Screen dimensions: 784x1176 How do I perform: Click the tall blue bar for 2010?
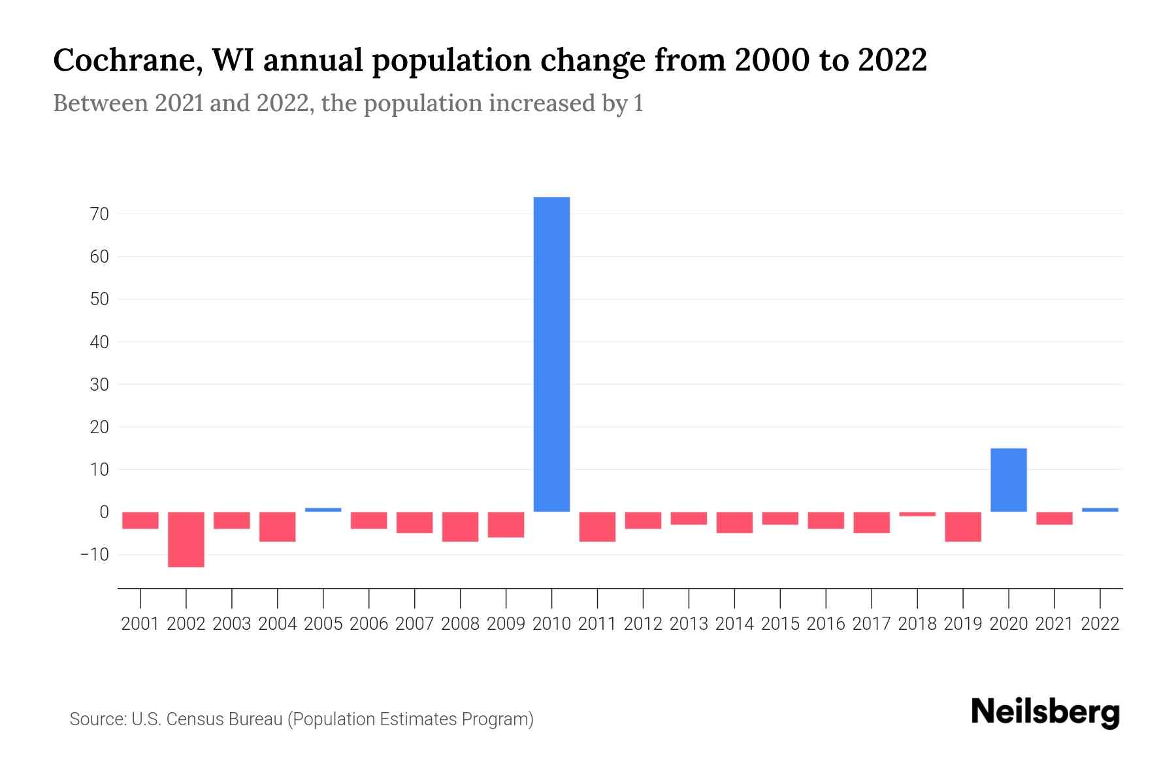(x=551, y=354)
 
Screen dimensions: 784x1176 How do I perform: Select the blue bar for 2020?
(x=1008, y=480)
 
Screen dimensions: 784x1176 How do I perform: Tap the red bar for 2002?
(x=186, y=539)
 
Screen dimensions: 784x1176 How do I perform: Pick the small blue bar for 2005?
(x=323, y=510)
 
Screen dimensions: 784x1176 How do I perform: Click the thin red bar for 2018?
(x=917, y=514)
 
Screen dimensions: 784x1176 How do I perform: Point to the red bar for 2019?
(x=963, y=527)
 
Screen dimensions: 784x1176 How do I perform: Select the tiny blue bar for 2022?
(x=1100, y=510)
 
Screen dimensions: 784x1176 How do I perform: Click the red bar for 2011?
(x=597, y=527)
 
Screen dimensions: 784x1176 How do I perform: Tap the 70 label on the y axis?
(x=99, y=214)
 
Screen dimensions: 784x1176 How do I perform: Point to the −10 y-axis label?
(x=95, y=555)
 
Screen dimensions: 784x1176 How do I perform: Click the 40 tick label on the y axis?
(x=99, y=342)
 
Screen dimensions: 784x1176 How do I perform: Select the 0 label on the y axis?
(x=104, y=512)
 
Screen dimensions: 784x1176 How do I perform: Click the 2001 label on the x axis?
(x=140, y=624)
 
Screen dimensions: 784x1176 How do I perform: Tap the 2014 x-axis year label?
(x=734, y=624)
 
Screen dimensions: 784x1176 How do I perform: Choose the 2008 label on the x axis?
(x=461, y=624)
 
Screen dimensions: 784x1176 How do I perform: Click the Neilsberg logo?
(x=1045, y=713)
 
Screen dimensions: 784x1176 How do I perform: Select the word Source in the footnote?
(x=97, y=719)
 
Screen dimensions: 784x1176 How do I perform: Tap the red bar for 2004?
(x=278, y=527)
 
